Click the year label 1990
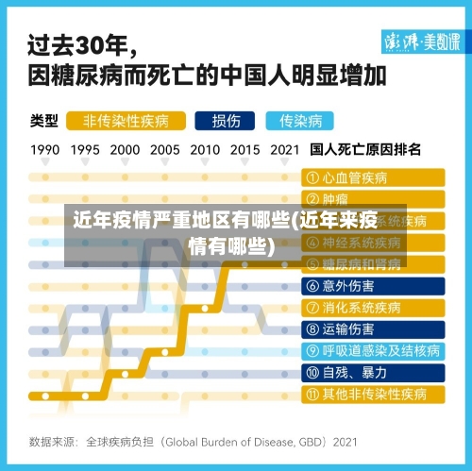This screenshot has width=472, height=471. click(45, 149)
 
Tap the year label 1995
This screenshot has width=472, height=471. click(85, 149)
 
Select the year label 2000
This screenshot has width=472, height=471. click(125, 149)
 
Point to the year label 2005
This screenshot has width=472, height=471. click(165, 149)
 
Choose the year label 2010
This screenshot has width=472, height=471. click(205, 149)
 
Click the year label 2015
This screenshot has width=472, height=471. click(244, 149)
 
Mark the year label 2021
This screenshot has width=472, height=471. click(285, 149)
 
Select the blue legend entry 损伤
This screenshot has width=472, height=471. click(226, 121)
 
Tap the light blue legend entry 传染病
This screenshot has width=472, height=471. click(300, 121)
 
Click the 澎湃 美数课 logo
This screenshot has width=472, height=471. click(421, 42)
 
